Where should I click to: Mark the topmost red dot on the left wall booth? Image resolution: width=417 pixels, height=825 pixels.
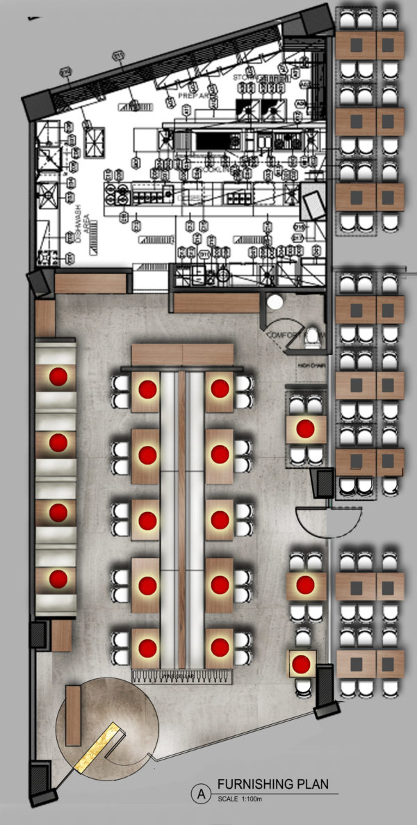click(58, 376)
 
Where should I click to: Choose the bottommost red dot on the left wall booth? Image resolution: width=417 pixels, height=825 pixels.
click(58, 578)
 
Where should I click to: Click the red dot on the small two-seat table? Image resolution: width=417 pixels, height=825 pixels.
click(301, 664)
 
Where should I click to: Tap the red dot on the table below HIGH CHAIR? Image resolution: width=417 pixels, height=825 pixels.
click(304, 428)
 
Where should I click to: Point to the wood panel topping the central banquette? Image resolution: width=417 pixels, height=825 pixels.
click(182, 354)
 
